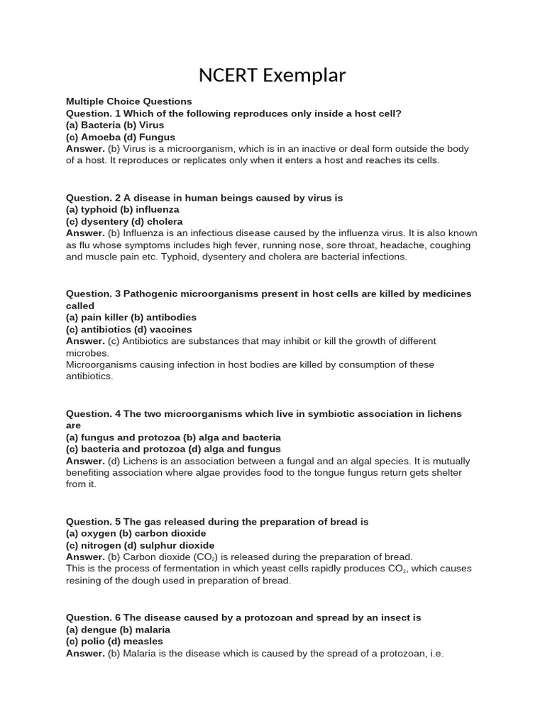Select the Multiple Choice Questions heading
[129, 101]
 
